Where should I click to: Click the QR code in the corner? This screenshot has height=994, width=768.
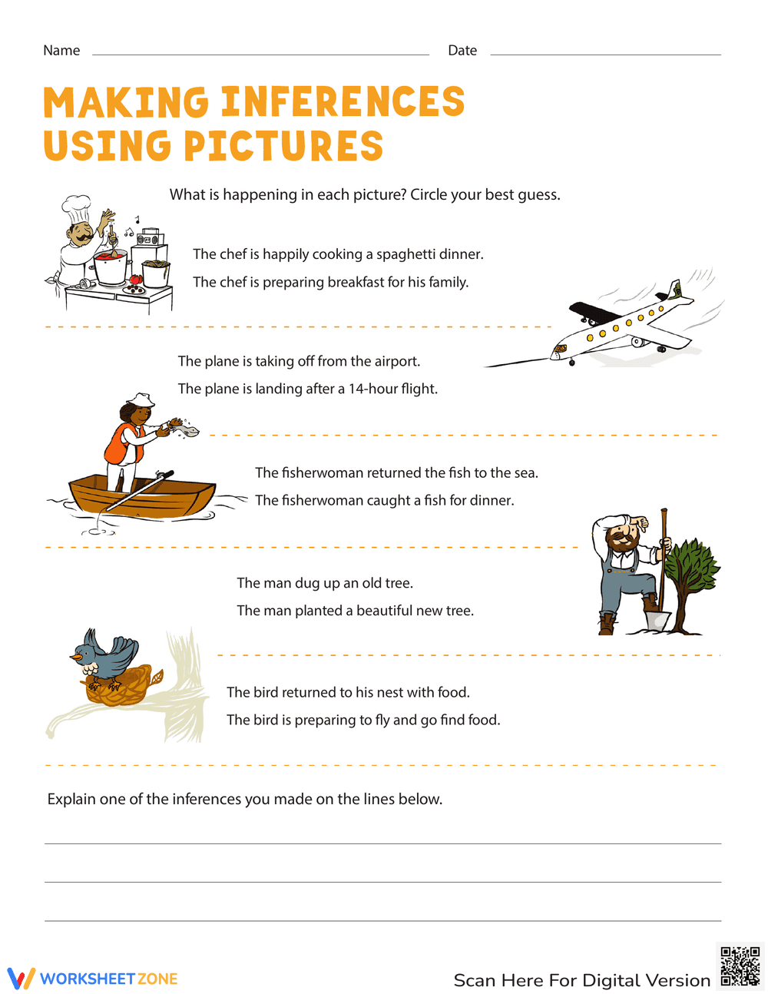(x=740, y=966)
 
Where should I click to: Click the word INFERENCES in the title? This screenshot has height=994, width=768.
(x=343, y=103)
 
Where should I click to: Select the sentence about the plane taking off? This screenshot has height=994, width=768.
(x=299, y=361)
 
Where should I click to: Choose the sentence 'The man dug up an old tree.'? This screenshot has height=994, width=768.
(x=325, y=583)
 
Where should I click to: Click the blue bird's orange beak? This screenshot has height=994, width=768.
(x=76, y=658)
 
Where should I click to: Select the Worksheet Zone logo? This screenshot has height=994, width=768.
(x=93, y=979)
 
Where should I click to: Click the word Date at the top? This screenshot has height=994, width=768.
(x=462, y=51)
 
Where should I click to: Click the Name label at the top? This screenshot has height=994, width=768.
(x=61, y=51)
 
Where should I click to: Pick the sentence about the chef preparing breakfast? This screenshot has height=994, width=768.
(x=330, y=282)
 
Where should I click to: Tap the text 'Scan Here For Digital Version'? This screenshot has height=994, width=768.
(x=581, y=980)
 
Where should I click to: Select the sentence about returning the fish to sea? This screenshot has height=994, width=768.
(x=396, y=472)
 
